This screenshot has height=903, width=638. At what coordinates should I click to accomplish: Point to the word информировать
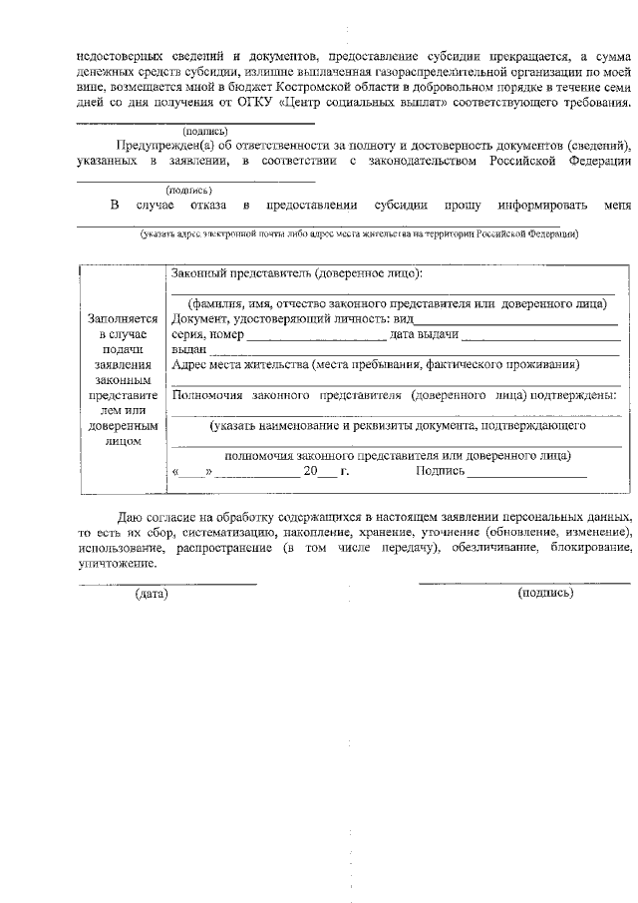[x=530, y=205]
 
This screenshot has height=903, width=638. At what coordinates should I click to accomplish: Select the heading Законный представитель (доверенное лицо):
[x=296, y=272]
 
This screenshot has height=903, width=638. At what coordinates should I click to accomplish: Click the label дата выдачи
[x=424, y=334]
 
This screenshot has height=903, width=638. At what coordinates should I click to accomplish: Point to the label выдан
[x=188, y=350]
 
